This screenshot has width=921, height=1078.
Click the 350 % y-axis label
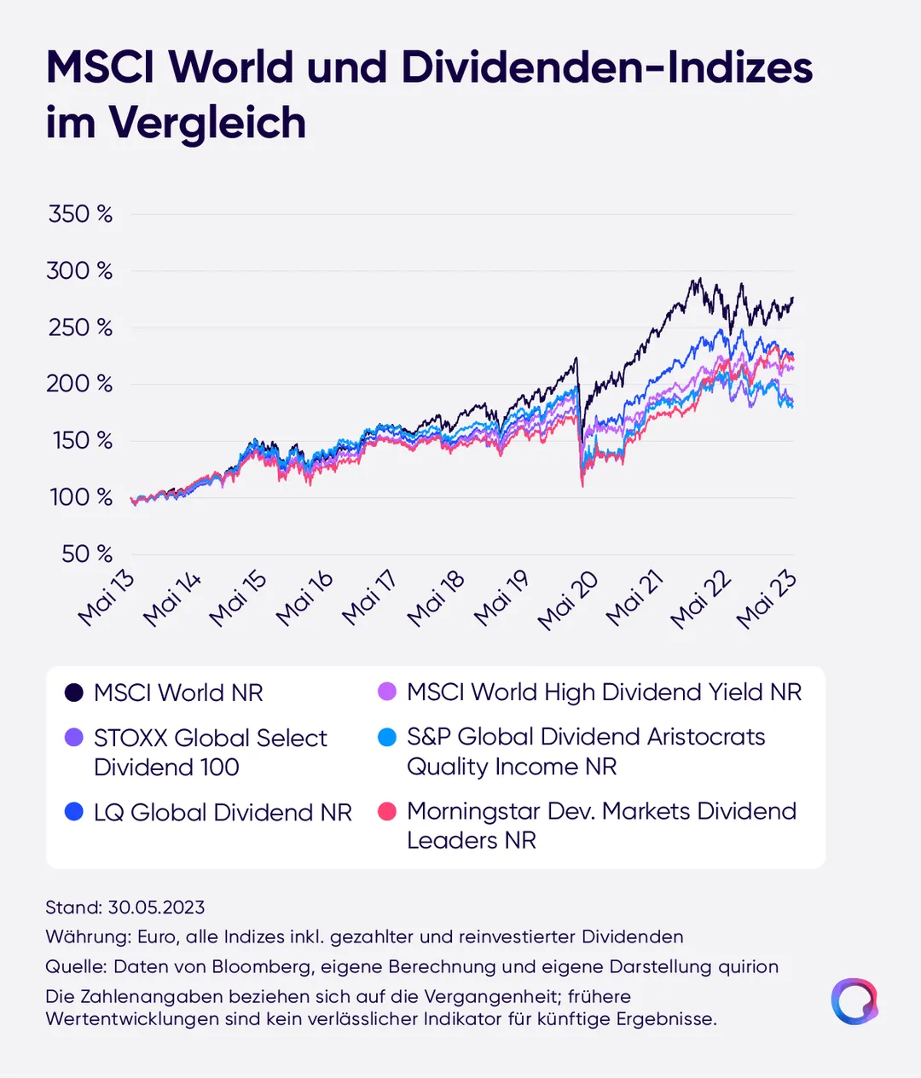(80, 214)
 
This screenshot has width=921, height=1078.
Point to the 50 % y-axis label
(87, 553)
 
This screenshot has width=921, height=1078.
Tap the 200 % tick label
(79, 385)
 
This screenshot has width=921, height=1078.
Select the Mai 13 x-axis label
(107, 600)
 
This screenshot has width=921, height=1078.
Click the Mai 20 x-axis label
(567, 600)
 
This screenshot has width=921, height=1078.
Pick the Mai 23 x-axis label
(767, 600)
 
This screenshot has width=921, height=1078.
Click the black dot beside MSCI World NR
(74, 693)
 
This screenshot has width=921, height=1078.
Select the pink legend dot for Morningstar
(387, 812)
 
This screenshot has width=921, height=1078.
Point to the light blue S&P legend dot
(387, 738)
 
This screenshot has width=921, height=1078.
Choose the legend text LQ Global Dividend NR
(223, 813)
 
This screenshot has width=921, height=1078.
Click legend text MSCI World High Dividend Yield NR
(604, 693)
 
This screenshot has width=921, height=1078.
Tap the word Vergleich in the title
(207, 123)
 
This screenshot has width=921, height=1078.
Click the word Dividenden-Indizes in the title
(607, 67)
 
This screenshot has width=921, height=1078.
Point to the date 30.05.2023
(156, 907)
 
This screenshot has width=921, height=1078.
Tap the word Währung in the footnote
(88, 936)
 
